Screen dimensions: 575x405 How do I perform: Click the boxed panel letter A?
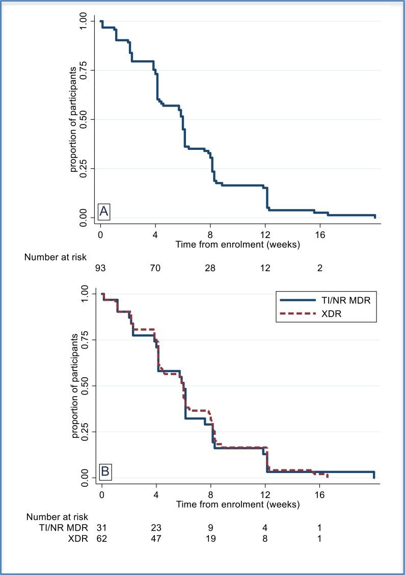pos(104,211)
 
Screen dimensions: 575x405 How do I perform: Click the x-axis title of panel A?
pos(237,244)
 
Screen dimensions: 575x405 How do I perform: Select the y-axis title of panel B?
pos(75,386)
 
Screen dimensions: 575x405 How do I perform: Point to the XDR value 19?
pos(211,537)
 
